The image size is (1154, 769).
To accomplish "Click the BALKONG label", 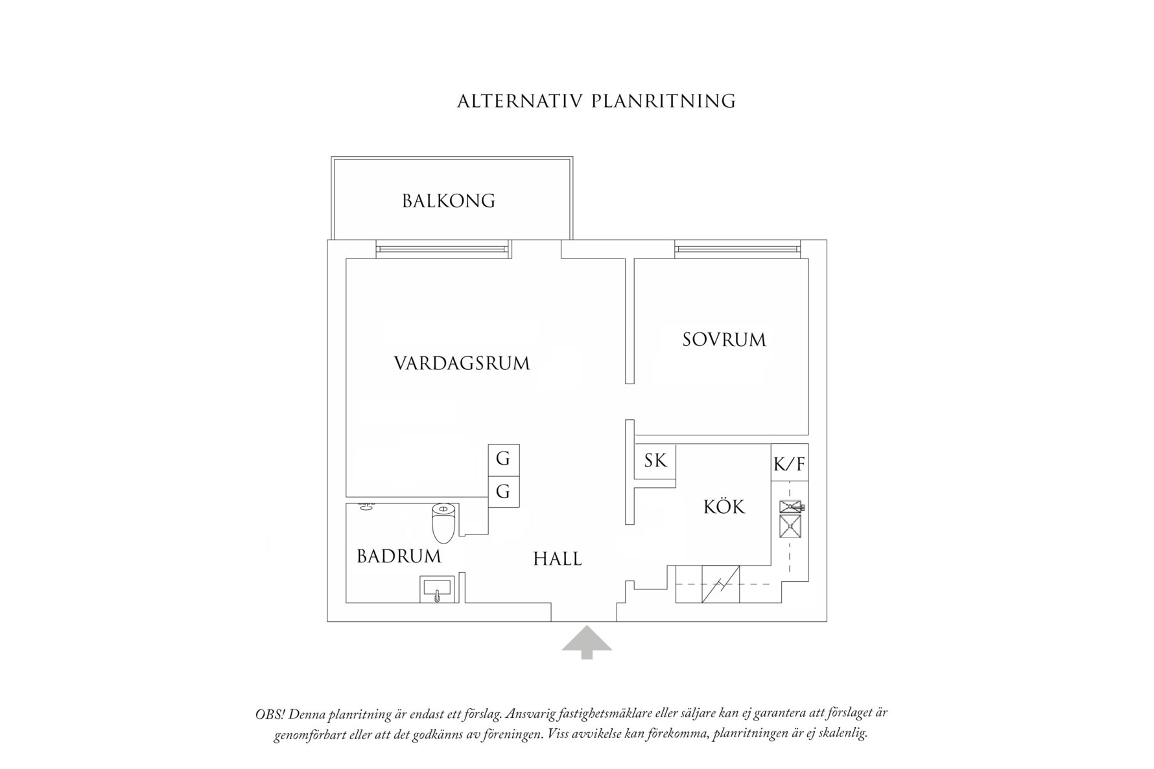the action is coord(449,201).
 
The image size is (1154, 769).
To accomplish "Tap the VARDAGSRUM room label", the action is coord(462,363).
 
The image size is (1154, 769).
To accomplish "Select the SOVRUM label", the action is coord(724,339).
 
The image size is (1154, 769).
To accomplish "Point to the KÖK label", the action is coord(724,506).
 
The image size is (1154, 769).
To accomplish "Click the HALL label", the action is coord(558,558).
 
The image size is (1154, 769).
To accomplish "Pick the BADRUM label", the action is coord(399,556).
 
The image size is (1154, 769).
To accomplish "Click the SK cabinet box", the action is coord(655,461).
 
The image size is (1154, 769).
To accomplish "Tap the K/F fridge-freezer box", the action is coord(790,463).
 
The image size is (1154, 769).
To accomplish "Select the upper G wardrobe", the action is coord(504,460).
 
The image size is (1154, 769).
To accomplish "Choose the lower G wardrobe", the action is coord(504,492).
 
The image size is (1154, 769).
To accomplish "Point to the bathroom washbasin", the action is coord(439,590).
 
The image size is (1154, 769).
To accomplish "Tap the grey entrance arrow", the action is coord(587,643).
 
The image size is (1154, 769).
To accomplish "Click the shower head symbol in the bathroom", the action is coord(366,507).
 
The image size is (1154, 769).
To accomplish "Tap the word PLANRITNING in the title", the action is coord(664,102).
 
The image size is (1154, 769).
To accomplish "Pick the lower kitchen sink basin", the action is coord(790,527).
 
